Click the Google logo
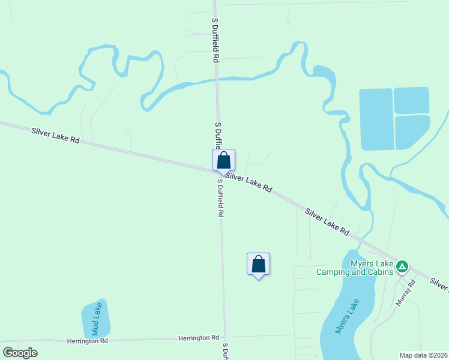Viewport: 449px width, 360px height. pyautogui.click(x=20, y=353)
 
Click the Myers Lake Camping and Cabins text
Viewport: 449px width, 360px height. pyautogui.click(x=355, y=268)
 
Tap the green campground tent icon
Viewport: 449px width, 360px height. pyautogui.click(x=402, y=266)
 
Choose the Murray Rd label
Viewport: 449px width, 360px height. pyautogui.click(x=406, y=293)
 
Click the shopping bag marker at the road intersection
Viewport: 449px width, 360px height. pyautogui.click(x=223, y=160)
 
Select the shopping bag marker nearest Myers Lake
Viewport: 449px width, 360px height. pyautogui.click(x=258, y=263)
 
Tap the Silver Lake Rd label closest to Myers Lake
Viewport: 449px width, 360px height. pyautogui.click(x=327, y=221)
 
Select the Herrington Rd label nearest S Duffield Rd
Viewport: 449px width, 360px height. pyautogui.click(x=199, y=338)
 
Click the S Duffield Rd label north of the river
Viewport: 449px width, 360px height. pyautogui.click(x=215, y=41)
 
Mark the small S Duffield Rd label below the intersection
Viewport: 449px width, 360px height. pyautogui.click(x=221, y=198)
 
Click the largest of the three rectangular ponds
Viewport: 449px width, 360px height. pyautogui.click(x=376, y=119)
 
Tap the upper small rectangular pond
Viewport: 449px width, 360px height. pyautogui.click(x=411, y=100)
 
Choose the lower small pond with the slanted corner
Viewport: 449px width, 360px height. pyautogui.click(x=411, y=132)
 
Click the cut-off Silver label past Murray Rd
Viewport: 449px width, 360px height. pyautogui.click(x=440, y=284)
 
